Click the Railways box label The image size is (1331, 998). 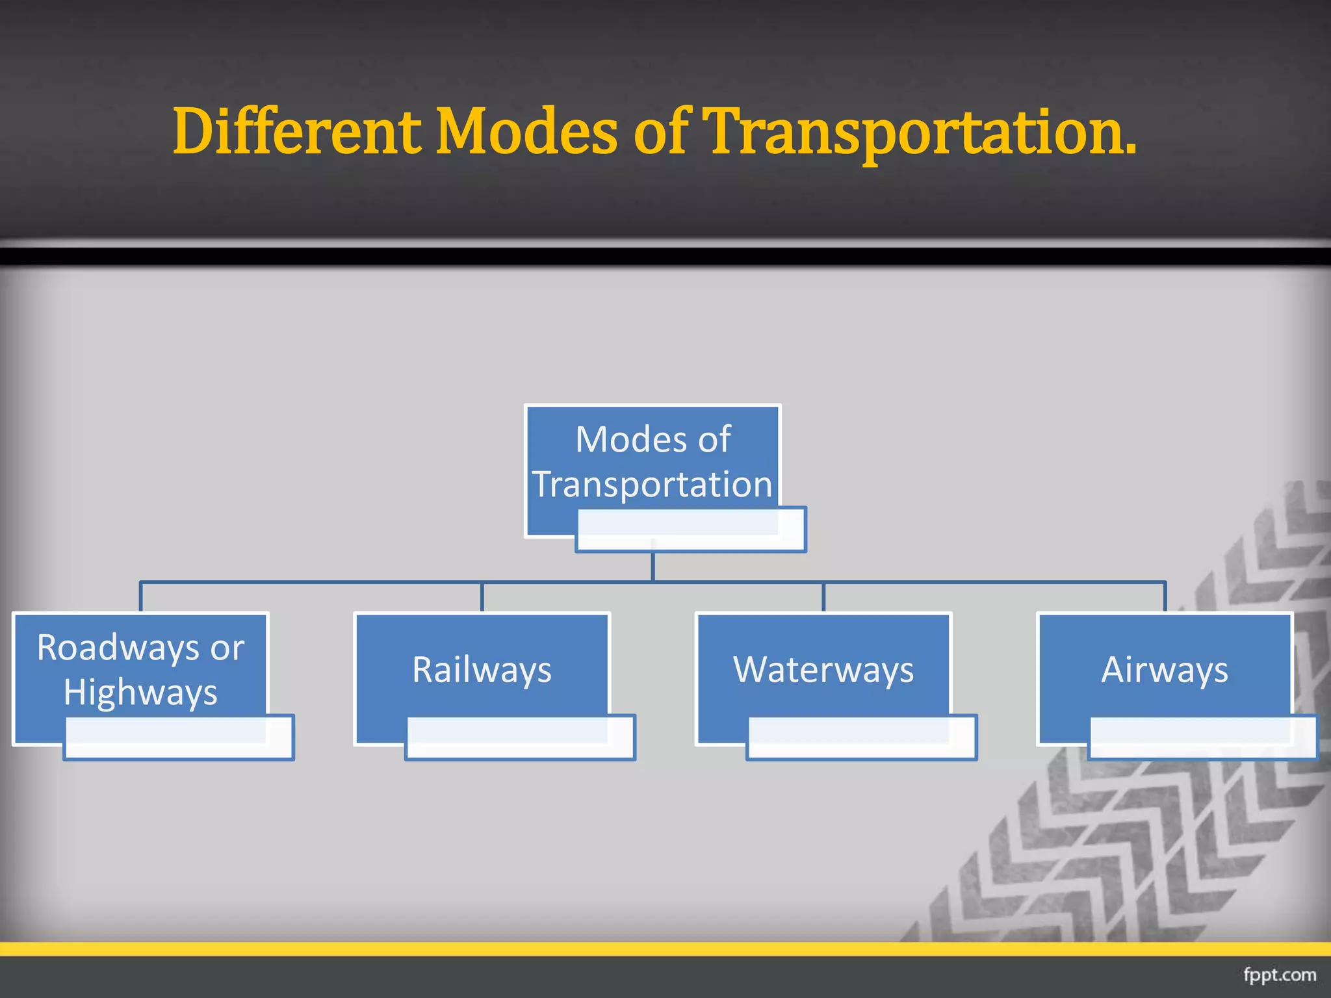(482, 669)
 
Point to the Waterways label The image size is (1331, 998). (823, 669)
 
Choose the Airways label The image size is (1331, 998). (1165, 669)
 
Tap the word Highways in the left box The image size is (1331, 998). (140, 692)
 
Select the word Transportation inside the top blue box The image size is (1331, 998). (653, 484)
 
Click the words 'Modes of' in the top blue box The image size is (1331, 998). (653, 439)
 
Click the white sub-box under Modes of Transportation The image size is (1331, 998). (691, 530)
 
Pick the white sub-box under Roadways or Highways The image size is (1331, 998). (179, 737)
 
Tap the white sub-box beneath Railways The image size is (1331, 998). (520, 737)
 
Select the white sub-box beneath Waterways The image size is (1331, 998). (862, 737)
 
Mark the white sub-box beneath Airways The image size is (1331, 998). (1203, 737)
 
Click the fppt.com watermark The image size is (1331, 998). (1279, 975)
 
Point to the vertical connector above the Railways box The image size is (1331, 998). (482, 597)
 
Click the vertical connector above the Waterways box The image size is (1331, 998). (823, 597)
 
